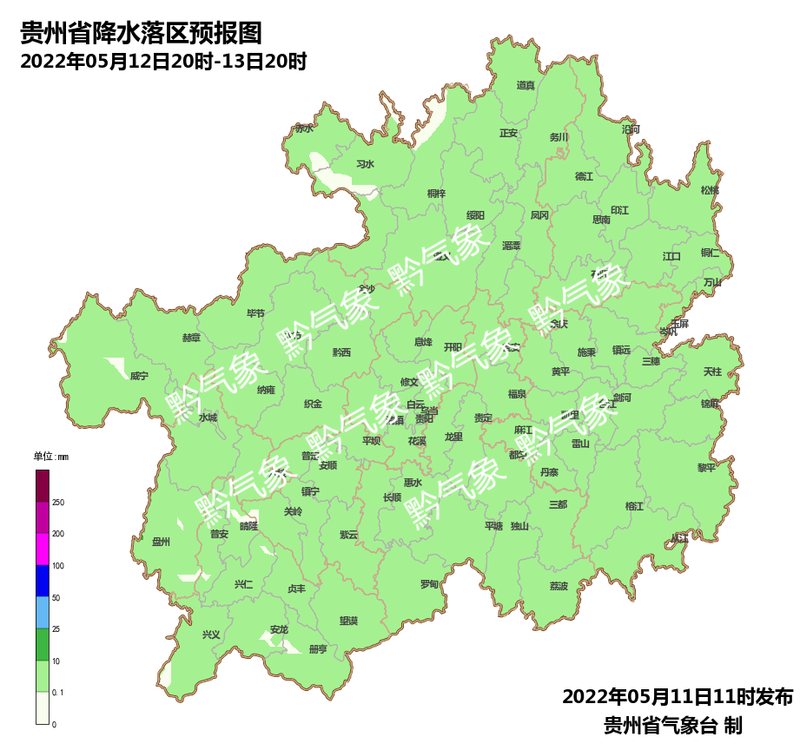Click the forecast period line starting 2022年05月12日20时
(163, 62)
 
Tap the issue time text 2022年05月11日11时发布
(678, 697)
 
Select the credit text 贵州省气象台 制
(673, 725)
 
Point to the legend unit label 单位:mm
(50, 457)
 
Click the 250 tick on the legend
(58, 503)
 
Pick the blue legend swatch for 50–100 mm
(43, 581)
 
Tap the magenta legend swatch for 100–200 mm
(43, 549)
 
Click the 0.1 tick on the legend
(58, 693)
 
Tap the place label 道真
(526, 85)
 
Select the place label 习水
(365, 164)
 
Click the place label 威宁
(139, 376)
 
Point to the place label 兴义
(211, 635)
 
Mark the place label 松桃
(710, 190)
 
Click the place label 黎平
(706, 467)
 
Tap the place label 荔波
(559, 586)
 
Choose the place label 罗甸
(429, 584)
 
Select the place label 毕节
(255, 313)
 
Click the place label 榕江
(635, 506)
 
